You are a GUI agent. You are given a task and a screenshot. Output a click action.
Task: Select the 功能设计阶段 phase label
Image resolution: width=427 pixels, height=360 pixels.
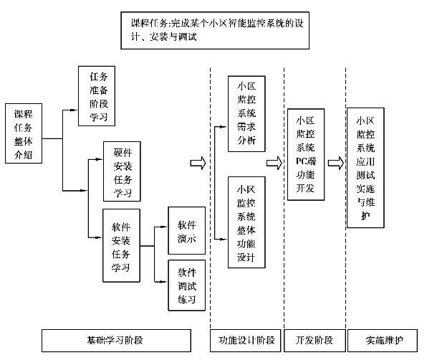[x=245, y=341]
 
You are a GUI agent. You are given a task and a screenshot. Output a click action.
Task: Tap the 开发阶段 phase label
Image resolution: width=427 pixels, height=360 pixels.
[x=315, y=341]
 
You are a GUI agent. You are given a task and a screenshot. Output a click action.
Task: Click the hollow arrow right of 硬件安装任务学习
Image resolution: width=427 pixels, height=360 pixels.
[x=198, y=163]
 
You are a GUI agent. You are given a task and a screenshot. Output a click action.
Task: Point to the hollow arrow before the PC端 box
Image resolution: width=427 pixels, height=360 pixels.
[x=274, y=163]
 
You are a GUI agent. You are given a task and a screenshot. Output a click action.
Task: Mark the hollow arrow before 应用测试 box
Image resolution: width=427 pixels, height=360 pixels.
[x=336, y=163]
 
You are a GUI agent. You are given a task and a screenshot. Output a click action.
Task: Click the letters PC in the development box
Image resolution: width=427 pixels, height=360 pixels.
[x=302, y=161]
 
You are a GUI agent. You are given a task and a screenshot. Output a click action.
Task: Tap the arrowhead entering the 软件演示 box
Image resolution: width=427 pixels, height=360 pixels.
[x=164, y=227]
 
